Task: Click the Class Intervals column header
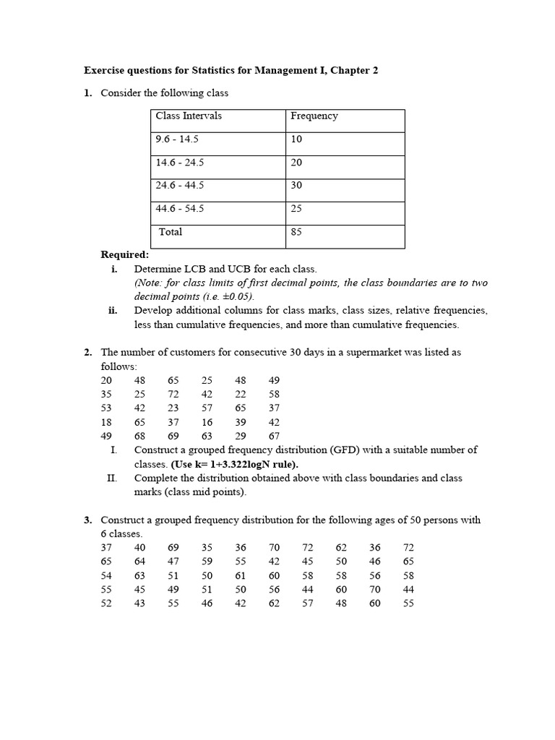pos(189,116)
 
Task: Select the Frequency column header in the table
pos(314,116)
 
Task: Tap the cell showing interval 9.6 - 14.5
pos(179,139)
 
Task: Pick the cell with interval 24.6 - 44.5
pos(179,185)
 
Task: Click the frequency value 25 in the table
pos(296,208)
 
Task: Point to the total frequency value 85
pos(296,232)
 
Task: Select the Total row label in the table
pos(171,232)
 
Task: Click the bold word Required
pos(124,254)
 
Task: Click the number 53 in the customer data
pos(107,408)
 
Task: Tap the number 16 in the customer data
pos(207,422)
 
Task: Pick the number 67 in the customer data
pos(273,436)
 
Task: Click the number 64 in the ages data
pos(139,562)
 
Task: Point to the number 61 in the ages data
pos(241,575)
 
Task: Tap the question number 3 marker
pos(87,520)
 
